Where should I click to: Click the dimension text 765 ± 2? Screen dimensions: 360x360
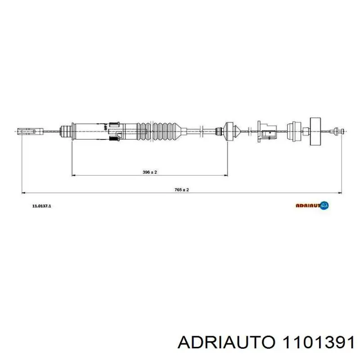182,190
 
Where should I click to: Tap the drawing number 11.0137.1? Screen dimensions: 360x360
41,206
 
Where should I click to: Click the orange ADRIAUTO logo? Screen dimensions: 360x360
312,206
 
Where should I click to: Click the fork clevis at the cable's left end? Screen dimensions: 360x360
28,131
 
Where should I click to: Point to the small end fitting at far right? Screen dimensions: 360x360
336,131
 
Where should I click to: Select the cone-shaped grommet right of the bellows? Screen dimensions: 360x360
230,131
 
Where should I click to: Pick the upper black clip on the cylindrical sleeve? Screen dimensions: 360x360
114,123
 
